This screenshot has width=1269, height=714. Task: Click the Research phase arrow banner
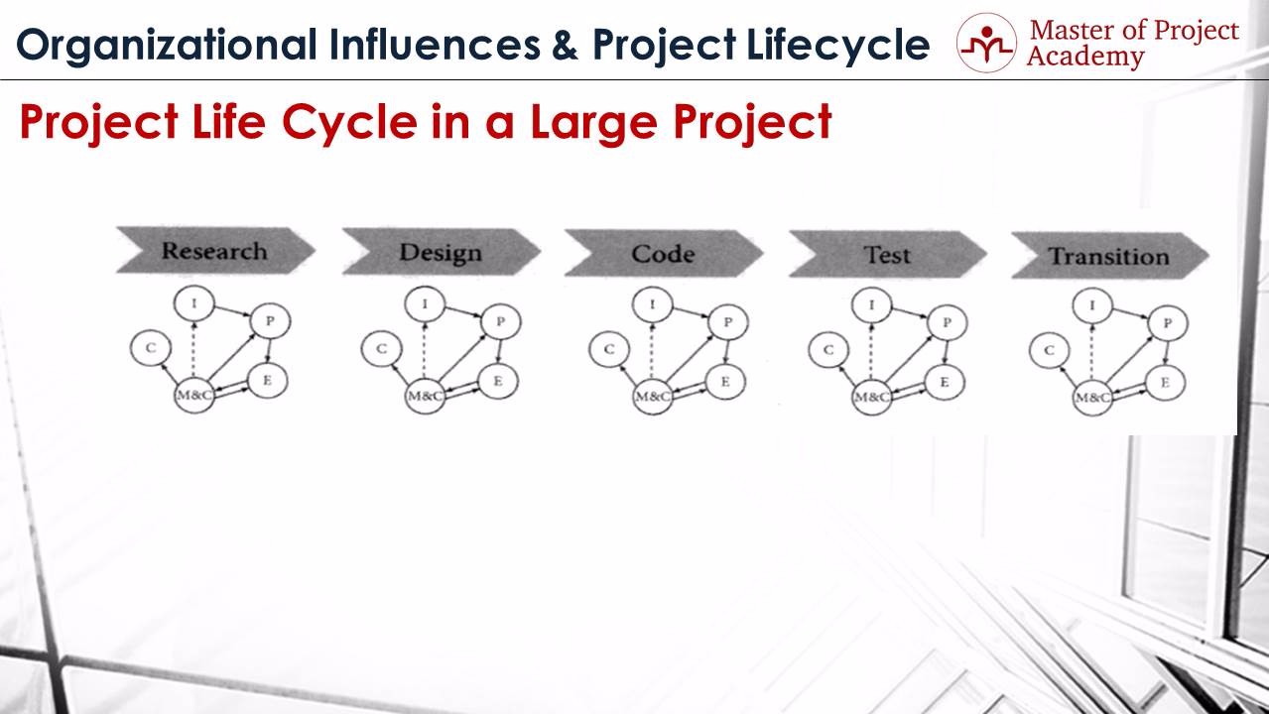(x=215, y=251)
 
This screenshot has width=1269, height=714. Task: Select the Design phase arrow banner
(x=441, y=252)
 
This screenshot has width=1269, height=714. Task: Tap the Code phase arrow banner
(x=664, y=254)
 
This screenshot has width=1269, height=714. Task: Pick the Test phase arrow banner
(x=888, y=255)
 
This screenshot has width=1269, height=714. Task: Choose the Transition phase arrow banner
(x=1110, y=256)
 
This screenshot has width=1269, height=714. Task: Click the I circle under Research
(x=193, y=303)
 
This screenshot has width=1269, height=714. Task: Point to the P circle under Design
(x=501, y=321)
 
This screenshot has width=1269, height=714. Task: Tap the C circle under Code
(x=609, y=349)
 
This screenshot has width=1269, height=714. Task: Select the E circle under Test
(x=945, y=382)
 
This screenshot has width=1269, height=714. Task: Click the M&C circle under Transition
(x=1092, y=398)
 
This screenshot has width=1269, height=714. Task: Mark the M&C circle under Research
(x=193, y=396)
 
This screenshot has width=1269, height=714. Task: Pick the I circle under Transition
(x=1092, y=305)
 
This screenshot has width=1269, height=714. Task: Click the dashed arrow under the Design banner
(x=425, y=350)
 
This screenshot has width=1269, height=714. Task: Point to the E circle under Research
(x=268, y=380)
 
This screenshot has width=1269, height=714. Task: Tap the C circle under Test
(x=828, y=350)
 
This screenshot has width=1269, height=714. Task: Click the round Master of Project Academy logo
(x=986, y=43)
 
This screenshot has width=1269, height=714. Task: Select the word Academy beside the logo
(x=1084, y=57)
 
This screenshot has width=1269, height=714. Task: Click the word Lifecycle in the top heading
(x=837, y=45)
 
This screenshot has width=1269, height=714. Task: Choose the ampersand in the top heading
(x=565, y=46)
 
